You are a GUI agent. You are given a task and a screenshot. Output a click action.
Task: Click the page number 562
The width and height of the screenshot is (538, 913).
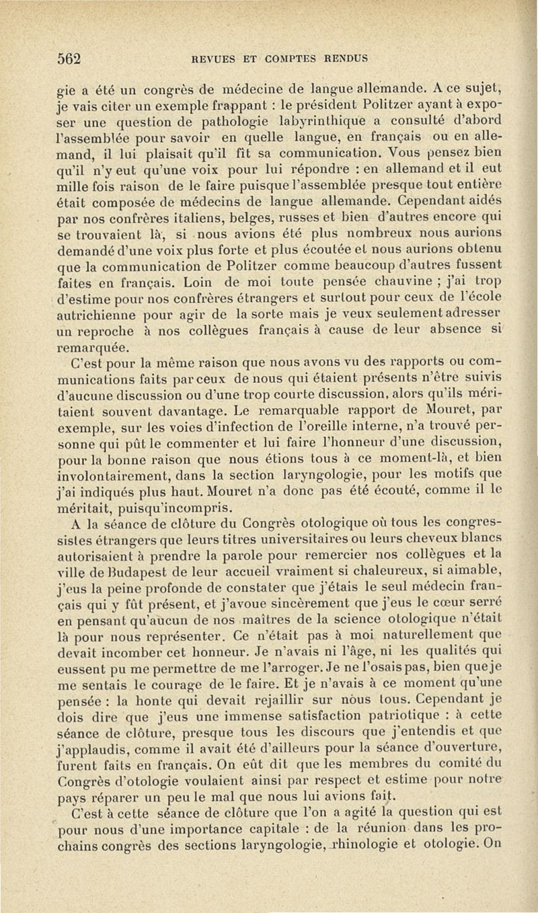[69, 58]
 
